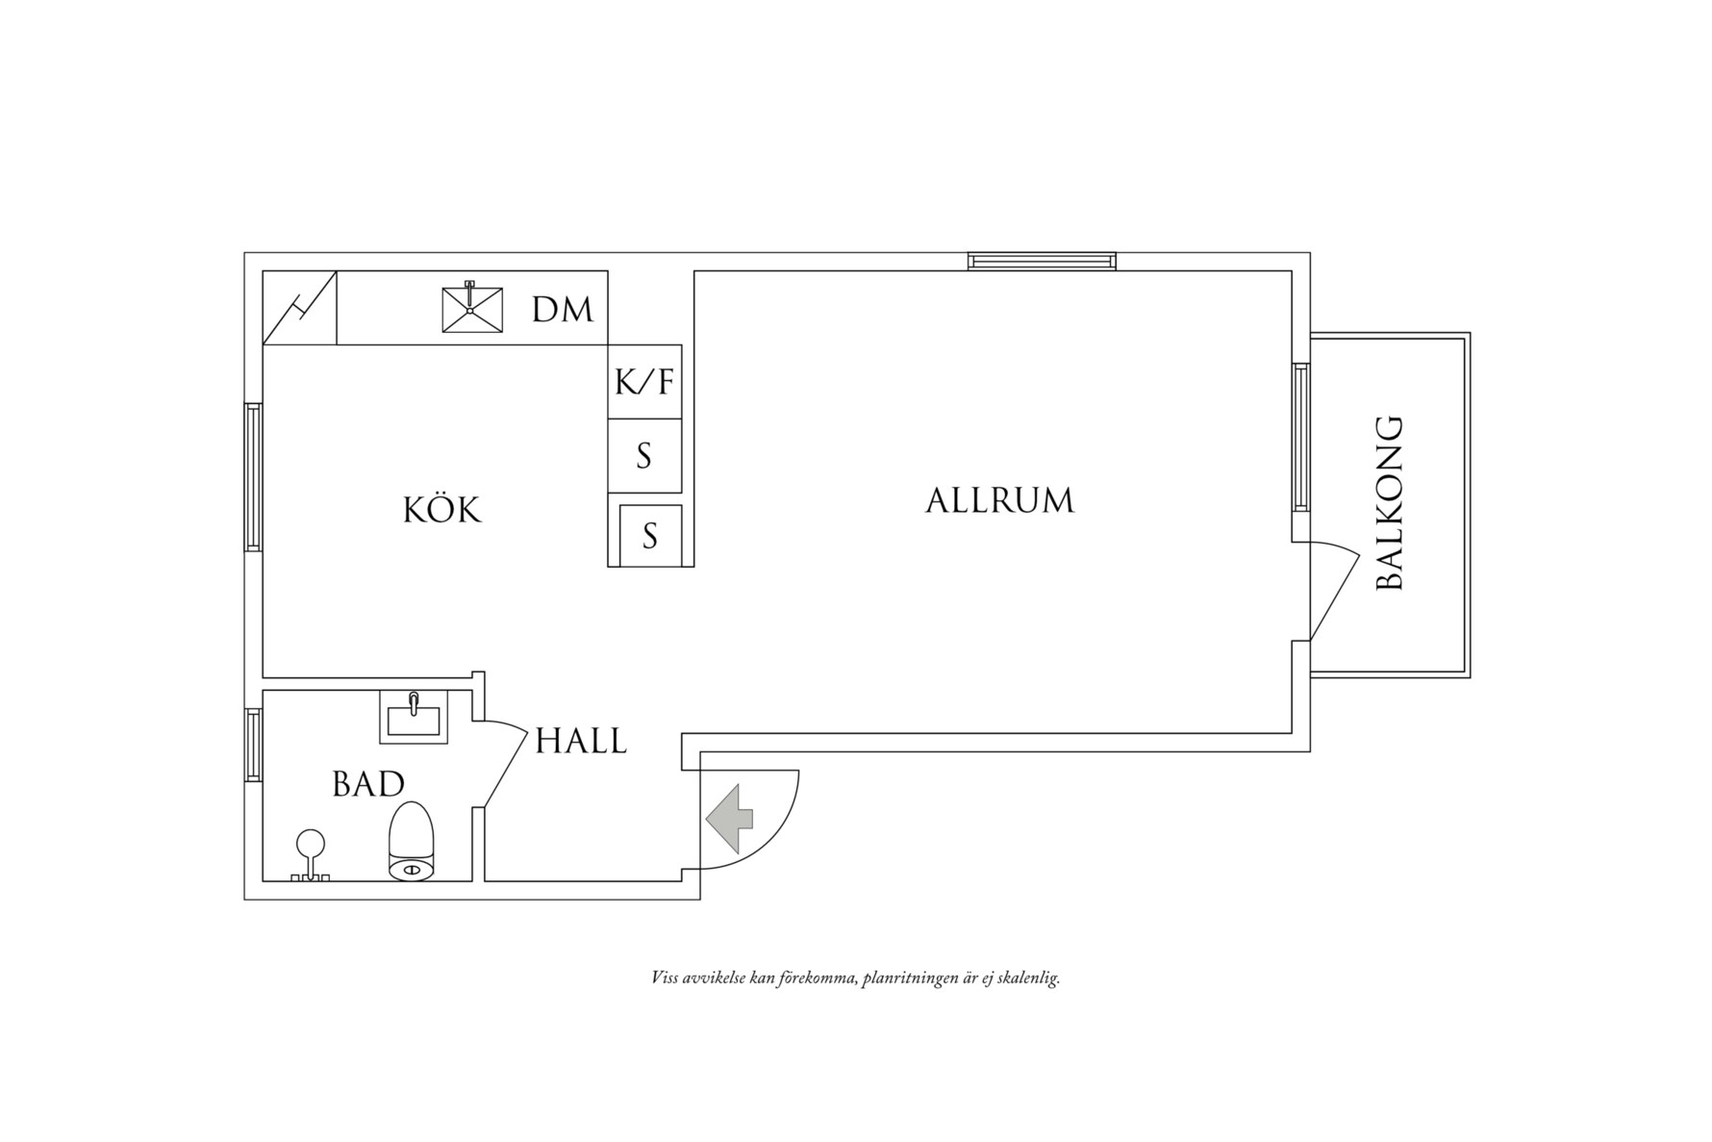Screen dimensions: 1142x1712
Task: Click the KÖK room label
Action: (441, 509)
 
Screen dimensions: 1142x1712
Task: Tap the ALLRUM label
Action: (999, 500)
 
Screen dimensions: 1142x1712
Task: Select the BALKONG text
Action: (1391, 502)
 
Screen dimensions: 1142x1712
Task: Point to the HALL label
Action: (581, 741)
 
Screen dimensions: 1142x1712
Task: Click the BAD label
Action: (368, 784)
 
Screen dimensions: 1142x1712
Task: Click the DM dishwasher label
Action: (563, 310)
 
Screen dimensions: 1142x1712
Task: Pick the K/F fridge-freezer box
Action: (644, 382)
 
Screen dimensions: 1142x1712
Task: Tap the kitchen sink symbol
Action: (472, 309)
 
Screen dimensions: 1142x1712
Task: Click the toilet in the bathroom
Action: (412, 842)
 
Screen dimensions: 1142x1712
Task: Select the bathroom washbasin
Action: (414, 718)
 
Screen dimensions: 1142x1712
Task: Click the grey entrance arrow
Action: (730, 818)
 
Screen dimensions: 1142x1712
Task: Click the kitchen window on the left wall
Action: (253, 476)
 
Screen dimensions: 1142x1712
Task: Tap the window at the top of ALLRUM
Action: (1042, 261)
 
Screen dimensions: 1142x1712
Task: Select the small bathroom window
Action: (253, 745)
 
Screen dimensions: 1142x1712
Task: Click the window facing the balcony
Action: (1300, 438)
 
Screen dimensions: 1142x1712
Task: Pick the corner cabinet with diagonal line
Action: (300, 308)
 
